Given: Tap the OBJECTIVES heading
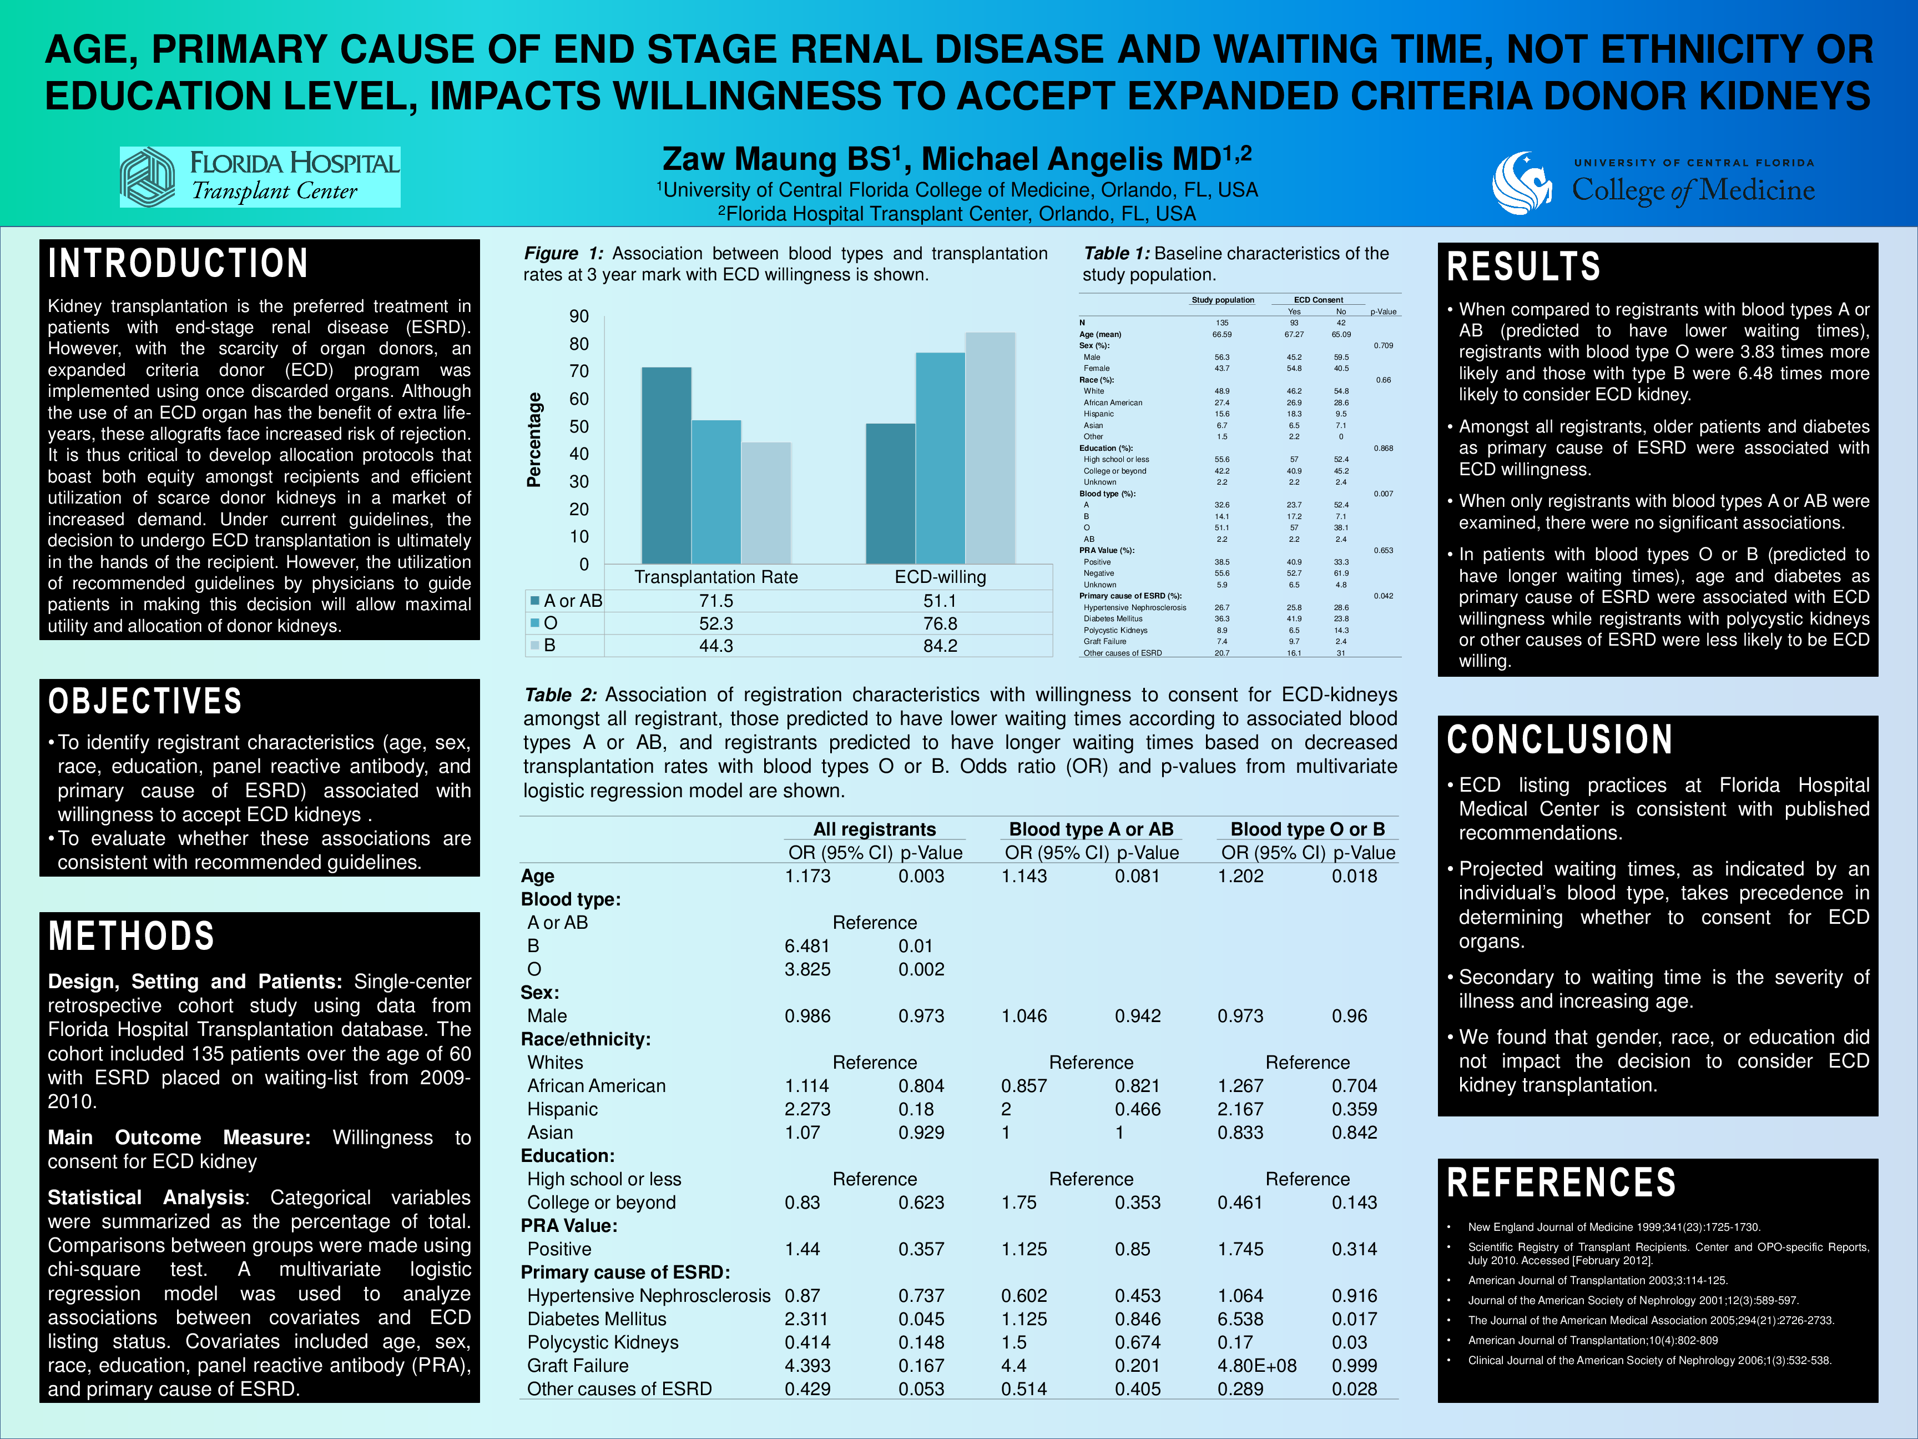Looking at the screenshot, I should click(145, 701).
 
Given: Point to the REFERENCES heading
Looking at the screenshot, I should click(1561, 1183).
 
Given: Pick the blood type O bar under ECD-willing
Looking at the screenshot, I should click(940, 458).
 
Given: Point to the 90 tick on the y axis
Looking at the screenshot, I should click(578, 316).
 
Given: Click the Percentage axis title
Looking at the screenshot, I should click(534, 440).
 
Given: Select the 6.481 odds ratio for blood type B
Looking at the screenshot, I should click(807, 947).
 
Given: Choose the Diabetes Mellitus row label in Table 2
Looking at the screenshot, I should click(597, 1319).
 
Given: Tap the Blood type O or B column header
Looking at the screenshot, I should click(1307, 829).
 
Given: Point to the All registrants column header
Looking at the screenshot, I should click(874, 829).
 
